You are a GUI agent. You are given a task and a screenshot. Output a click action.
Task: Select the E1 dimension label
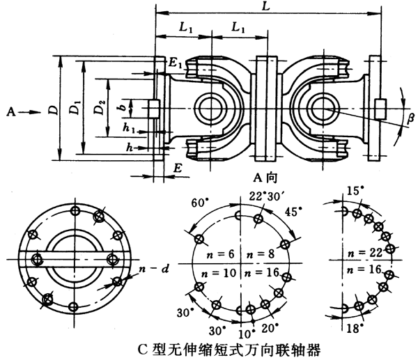(x=176, y=63)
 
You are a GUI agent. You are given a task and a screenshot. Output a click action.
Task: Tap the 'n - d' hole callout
(x=150, y=265)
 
